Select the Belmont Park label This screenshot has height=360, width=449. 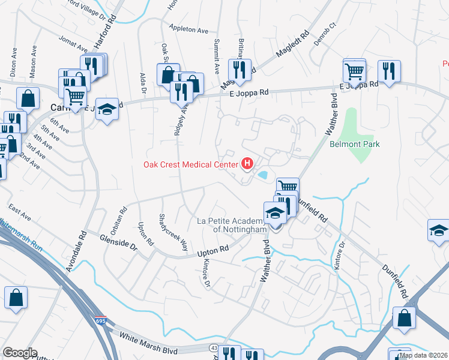coord(354,144)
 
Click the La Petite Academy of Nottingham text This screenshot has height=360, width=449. coord(231,225)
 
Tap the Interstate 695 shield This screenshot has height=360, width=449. coord(101,321)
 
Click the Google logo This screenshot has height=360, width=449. coord(20,353)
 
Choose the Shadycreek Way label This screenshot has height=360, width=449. coord(173,232)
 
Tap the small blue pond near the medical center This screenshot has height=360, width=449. coord(262,175)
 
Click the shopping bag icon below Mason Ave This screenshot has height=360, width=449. coord(28,97)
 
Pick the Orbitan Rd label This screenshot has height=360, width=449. coord(124,219)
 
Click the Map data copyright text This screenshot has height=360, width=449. coord(423,355)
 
